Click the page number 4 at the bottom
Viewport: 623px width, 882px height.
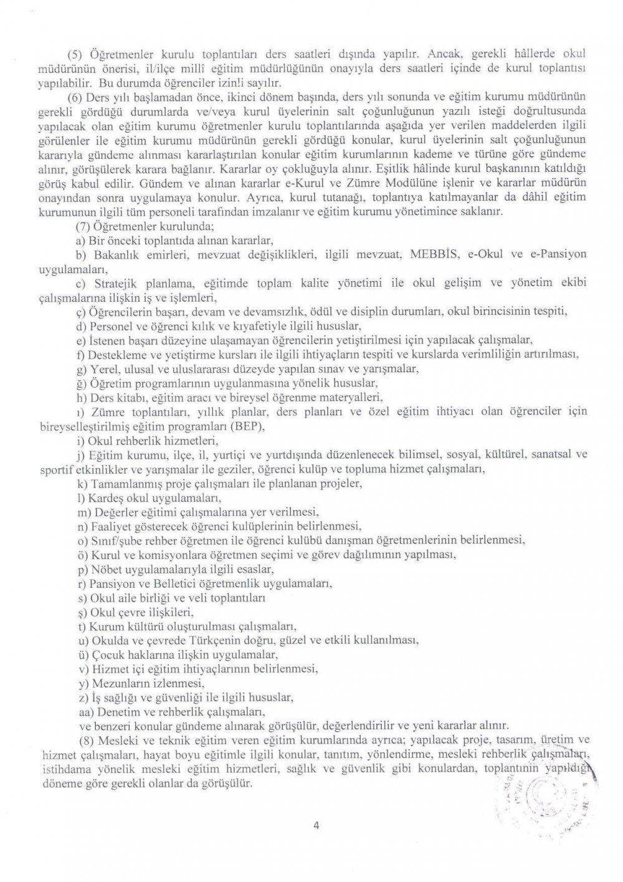pos(316,827)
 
